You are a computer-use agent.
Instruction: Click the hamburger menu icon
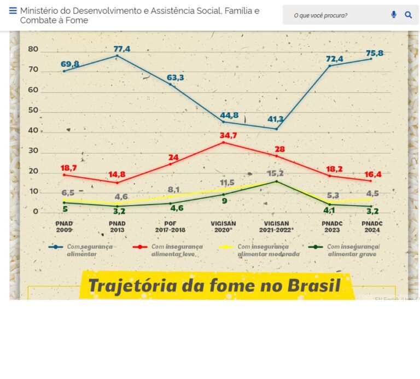coord(13,11)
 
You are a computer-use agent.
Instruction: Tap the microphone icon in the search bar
coord(394,15)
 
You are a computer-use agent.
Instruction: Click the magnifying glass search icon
coord(409,15)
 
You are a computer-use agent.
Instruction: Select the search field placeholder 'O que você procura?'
coord(320,15)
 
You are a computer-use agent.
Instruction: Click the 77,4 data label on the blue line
coord(122,49)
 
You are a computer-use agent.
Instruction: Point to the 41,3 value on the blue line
coord(275,119)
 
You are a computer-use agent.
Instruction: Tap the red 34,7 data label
coord(228,135)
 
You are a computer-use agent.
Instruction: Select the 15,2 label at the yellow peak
coord(275,173)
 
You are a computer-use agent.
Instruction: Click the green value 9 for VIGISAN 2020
coord(224,201)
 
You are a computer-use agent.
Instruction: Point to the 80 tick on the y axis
coord(33,49)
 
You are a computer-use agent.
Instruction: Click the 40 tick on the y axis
coord(33,130)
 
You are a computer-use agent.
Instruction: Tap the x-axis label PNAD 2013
coord(117,226)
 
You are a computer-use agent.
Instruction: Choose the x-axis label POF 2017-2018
coord(170,226)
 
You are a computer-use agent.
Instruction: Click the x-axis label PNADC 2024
coord(372,226)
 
